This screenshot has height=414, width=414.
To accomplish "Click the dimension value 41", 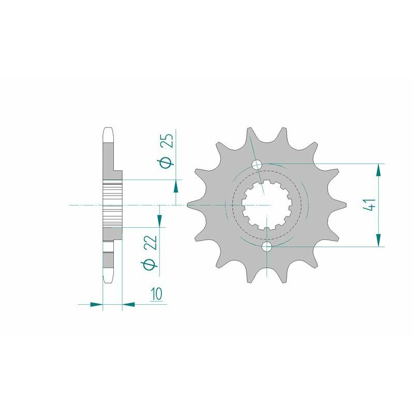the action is click(x=369, y=205).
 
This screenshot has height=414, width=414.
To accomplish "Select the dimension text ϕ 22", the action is click(x=151, y=252).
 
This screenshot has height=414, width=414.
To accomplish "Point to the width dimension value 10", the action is click(x=156, y=294).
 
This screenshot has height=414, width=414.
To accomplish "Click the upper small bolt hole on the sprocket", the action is click(x=257, y=165).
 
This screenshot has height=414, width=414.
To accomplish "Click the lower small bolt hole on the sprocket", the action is click(x=267, y=247).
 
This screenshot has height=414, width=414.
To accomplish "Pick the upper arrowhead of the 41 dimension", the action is click(x=378, y=170).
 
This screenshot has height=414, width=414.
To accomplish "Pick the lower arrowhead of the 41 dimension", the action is click(x=378, y=240).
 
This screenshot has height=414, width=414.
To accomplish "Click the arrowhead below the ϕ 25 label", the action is click(x=175, y=186).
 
